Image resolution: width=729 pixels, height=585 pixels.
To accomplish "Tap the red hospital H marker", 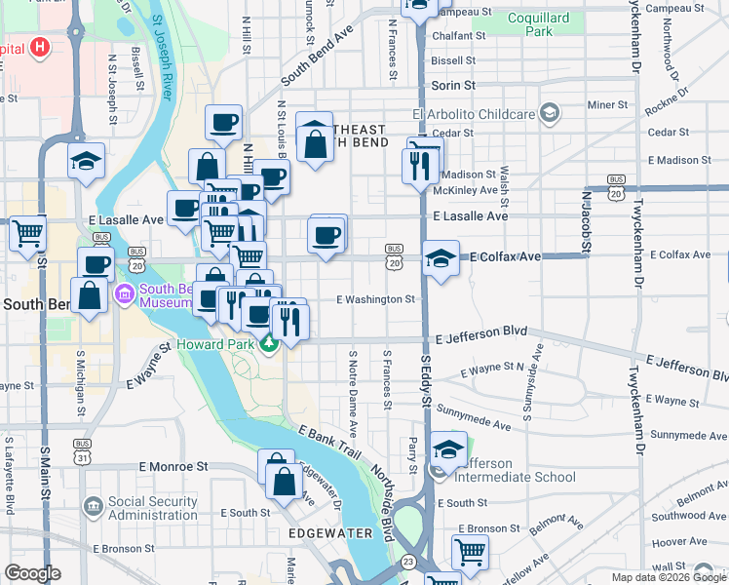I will [x=39, y=47].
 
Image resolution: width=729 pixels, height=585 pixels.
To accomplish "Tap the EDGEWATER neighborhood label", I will [x=330, y=533].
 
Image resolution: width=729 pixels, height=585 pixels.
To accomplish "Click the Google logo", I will [x=32, y=572].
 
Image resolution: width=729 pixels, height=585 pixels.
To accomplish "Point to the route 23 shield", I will [x=407, y=562].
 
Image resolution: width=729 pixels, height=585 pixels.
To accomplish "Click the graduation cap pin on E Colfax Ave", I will [x=441, y=258].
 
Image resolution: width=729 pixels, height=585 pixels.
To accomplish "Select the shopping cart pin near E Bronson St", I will [x=470, y=551].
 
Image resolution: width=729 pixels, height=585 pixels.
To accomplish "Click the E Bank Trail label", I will [x=330, y=443].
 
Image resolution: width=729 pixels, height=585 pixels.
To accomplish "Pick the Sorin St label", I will [x=453, y=86].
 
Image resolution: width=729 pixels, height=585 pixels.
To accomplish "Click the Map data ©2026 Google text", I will [x=668, y=577].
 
